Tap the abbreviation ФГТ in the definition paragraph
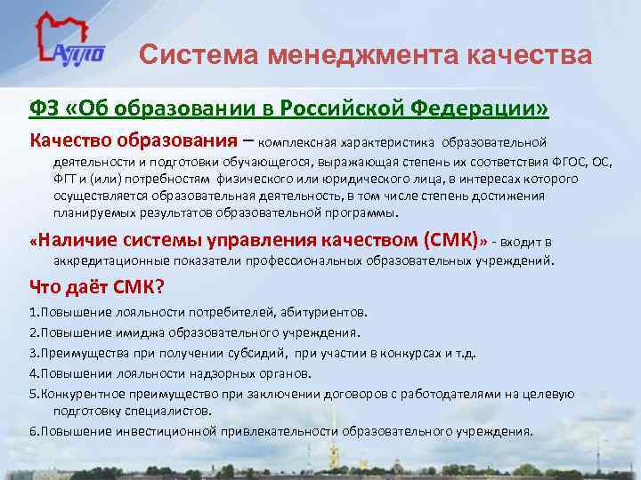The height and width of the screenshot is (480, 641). click(x=66, y=179)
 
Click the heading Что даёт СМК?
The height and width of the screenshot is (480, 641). click(x=97, y=287)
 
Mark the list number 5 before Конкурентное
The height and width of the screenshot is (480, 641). click(x=32, y=393)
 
